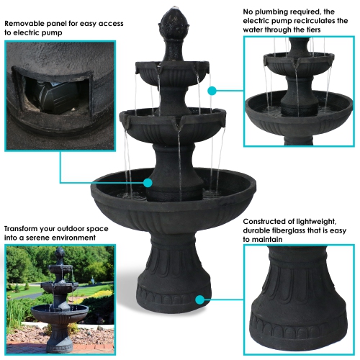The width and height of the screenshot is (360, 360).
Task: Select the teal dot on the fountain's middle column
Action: (x=148, y=183)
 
